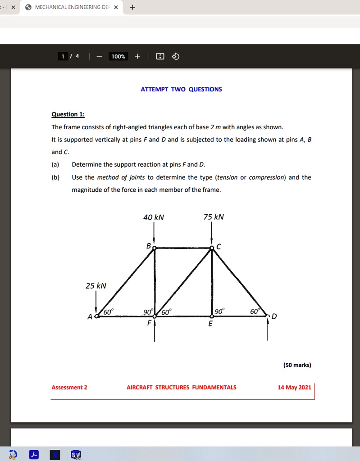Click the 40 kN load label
[x=154, y=217]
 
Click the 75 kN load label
[x=214, y=217]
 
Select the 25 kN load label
[x=96, y=286]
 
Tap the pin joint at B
[x=155, y=248]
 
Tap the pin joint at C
[x=212, y=248]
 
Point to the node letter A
[x=90, y=317]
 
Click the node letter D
[x=274, y=316]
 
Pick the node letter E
[x=210, y=324]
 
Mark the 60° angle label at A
[x=109, y=312]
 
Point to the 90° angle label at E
[x=219, y=312]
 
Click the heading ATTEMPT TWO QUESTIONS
[x=181, y=89]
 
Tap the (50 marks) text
[x=297, y=365]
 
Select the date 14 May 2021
[x=294, y=387]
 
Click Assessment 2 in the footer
[x=69, y=387]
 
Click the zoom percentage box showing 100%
[x=118, y=56]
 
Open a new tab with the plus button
[x=132, y=7]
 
